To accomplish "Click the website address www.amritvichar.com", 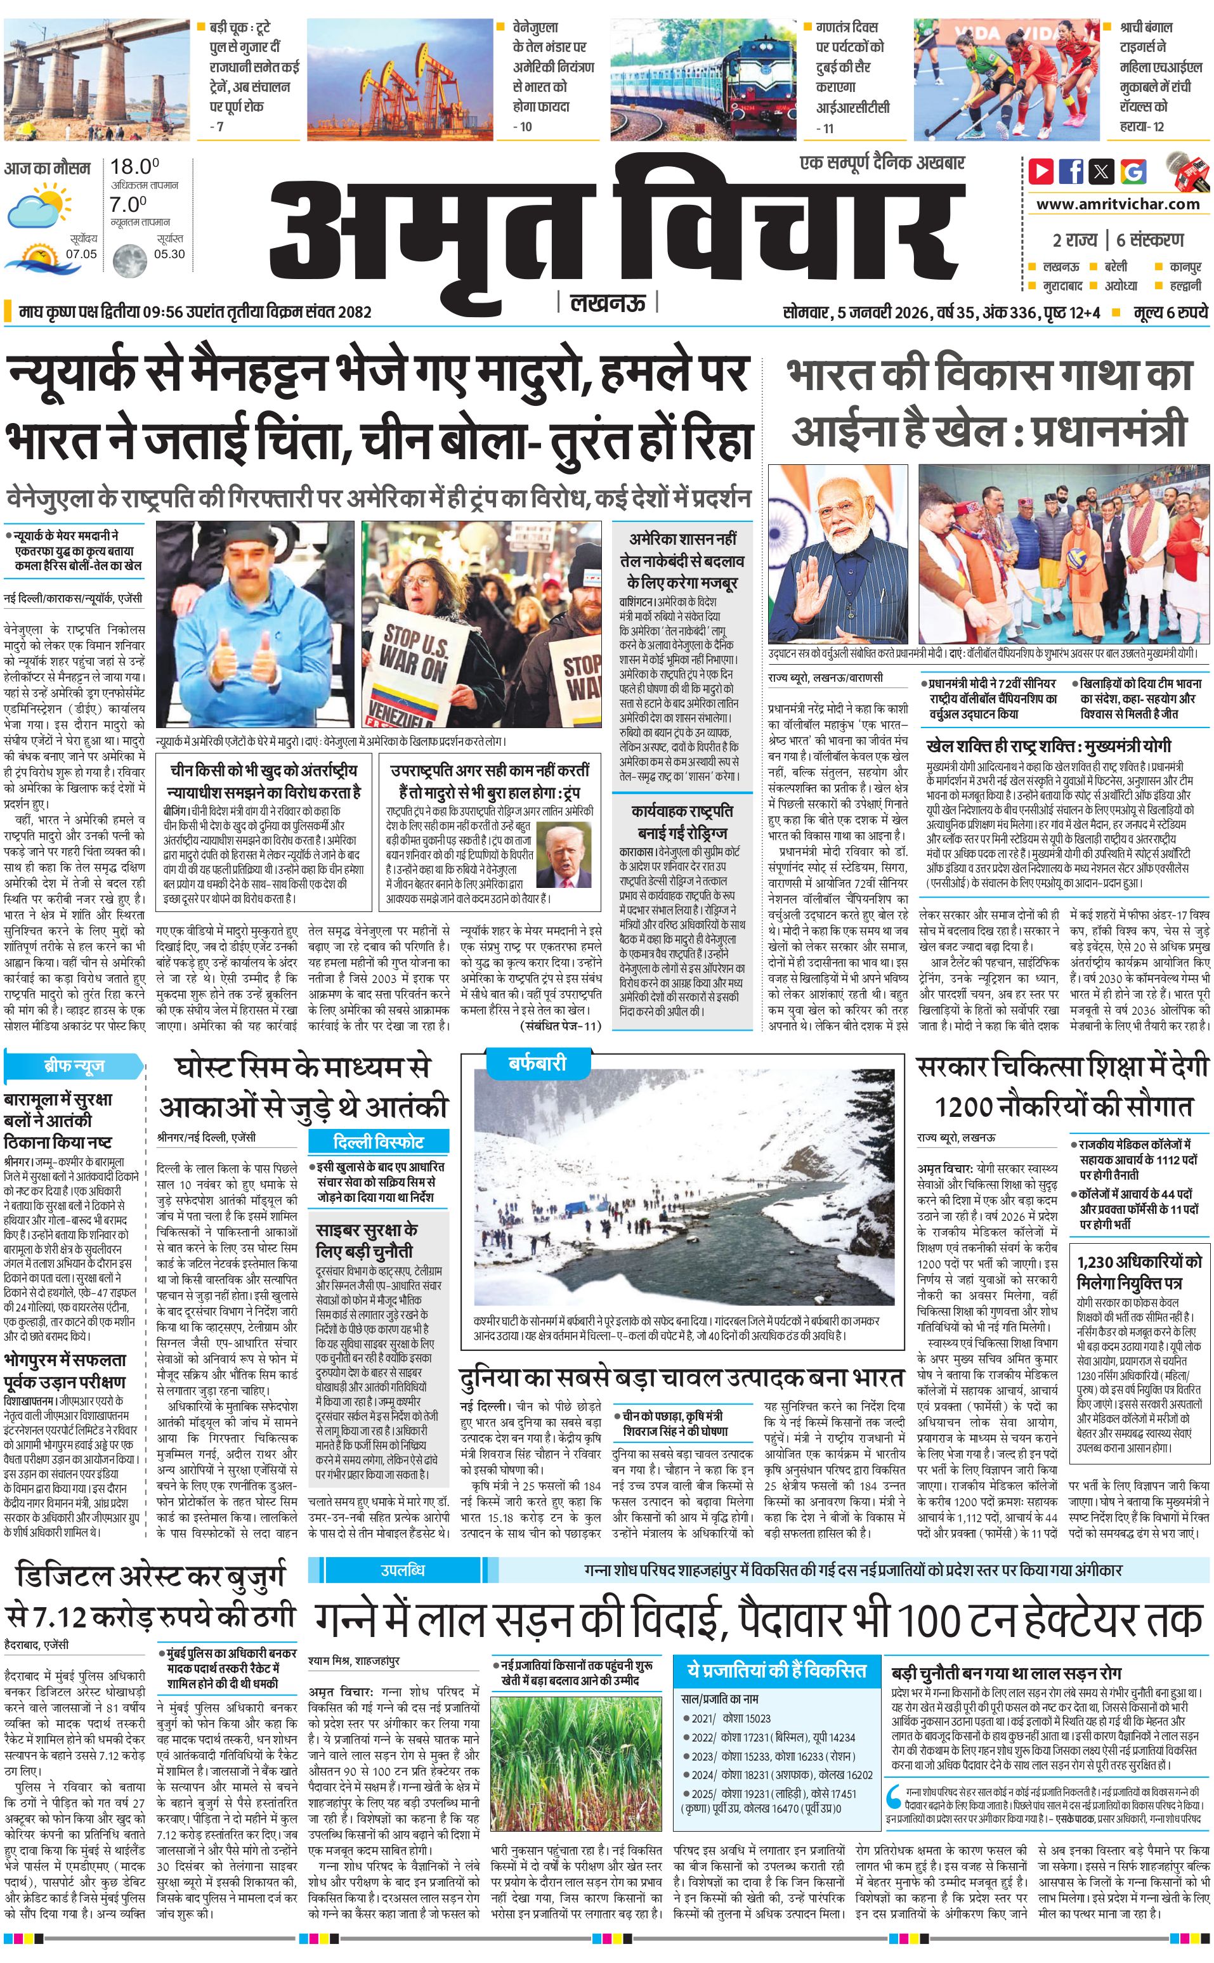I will [1118, 204].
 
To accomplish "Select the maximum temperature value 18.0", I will [134, 167].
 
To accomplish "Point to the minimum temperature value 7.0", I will [129, 204].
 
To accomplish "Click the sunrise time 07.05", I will [81, 254].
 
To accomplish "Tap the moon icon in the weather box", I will [127, 260].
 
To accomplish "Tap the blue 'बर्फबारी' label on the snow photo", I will [537, 1063].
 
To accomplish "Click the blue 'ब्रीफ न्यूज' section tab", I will [74, 1066].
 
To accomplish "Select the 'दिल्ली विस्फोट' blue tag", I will [378, 1142].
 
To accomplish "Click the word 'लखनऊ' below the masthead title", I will [607, 303].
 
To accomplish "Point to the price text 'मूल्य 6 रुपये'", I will [1170, 312].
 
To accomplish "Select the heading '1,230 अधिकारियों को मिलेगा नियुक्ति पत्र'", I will [1139, 1272].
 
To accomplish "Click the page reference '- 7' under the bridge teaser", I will [217, 126].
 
